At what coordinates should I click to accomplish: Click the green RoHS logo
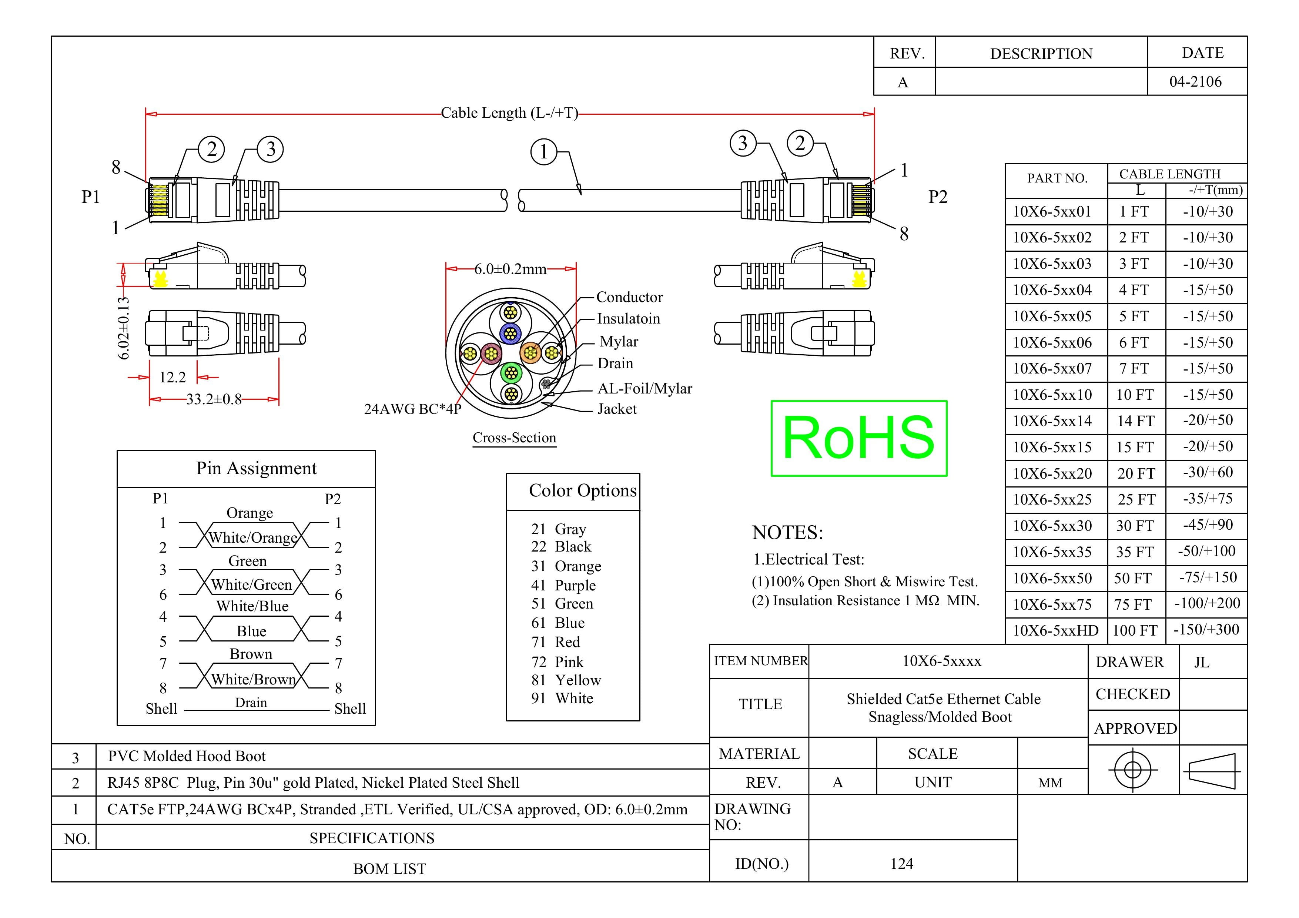[x=859, y=438]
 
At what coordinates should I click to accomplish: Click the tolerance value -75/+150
[x=1207, y=577]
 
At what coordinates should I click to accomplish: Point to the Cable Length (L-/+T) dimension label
[x=509, y=113]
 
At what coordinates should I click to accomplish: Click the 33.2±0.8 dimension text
[x=214, y=399]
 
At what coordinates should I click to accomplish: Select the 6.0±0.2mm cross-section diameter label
[x=510, y=269]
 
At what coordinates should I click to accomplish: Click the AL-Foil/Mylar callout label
[x=645, y=389]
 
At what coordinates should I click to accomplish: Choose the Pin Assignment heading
[x=256, y=468]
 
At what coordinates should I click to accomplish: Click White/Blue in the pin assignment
[x=252, y=606]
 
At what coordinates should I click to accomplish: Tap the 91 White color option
[x=562, y=698]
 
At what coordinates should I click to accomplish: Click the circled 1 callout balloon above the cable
[x=544, y=152]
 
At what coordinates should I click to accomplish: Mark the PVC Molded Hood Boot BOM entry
[x=187, y=756]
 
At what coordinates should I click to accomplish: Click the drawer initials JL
[x=1202, y=662]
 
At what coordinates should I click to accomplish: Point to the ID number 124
[x=901, y=864]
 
